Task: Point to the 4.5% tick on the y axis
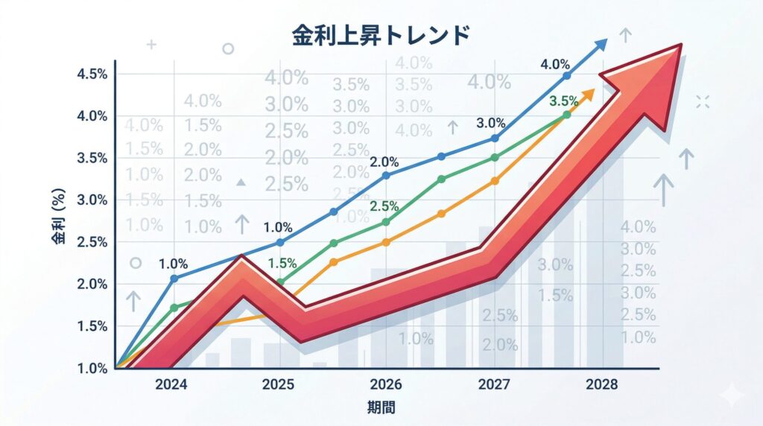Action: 92,74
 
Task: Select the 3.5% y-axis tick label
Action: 92,158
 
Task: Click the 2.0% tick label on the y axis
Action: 92,284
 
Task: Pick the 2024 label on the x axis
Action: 173,384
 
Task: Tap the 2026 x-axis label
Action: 385,384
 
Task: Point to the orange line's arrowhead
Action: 590,93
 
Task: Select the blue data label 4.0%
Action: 554,64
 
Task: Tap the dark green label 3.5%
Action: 563,101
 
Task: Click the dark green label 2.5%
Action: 384,206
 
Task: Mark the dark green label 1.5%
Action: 282,262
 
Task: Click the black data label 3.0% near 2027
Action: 491,123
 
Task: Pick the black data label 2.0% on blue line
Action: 384,162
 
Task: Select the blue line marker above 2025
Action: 280,242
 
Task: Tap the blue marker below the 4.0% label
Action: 566,76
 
